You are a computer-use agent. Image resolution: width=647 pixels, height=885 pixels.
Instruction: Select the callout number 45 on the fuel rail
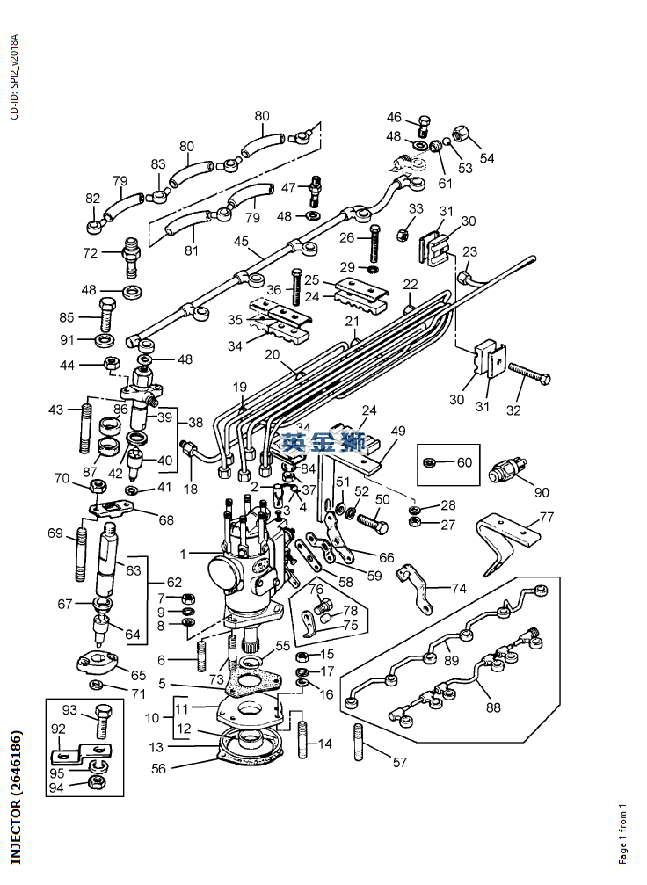point(242,242)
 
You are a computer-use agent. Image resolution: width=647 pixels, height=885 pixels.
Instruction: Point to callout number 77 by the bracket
point(547,517)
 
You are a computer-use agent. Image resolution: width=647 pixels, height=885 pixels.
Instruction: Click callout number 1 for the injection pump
point(184,555)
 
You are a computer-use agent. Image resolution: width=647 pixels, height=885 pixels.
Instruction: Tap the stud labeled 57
point(360,742)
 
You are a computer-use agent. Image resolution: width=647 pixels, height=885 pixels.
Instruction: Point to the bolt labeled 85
point(106,313)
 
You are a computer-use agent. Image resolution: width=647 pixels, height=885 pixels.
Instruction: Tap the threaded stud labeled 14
point(303,738)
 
